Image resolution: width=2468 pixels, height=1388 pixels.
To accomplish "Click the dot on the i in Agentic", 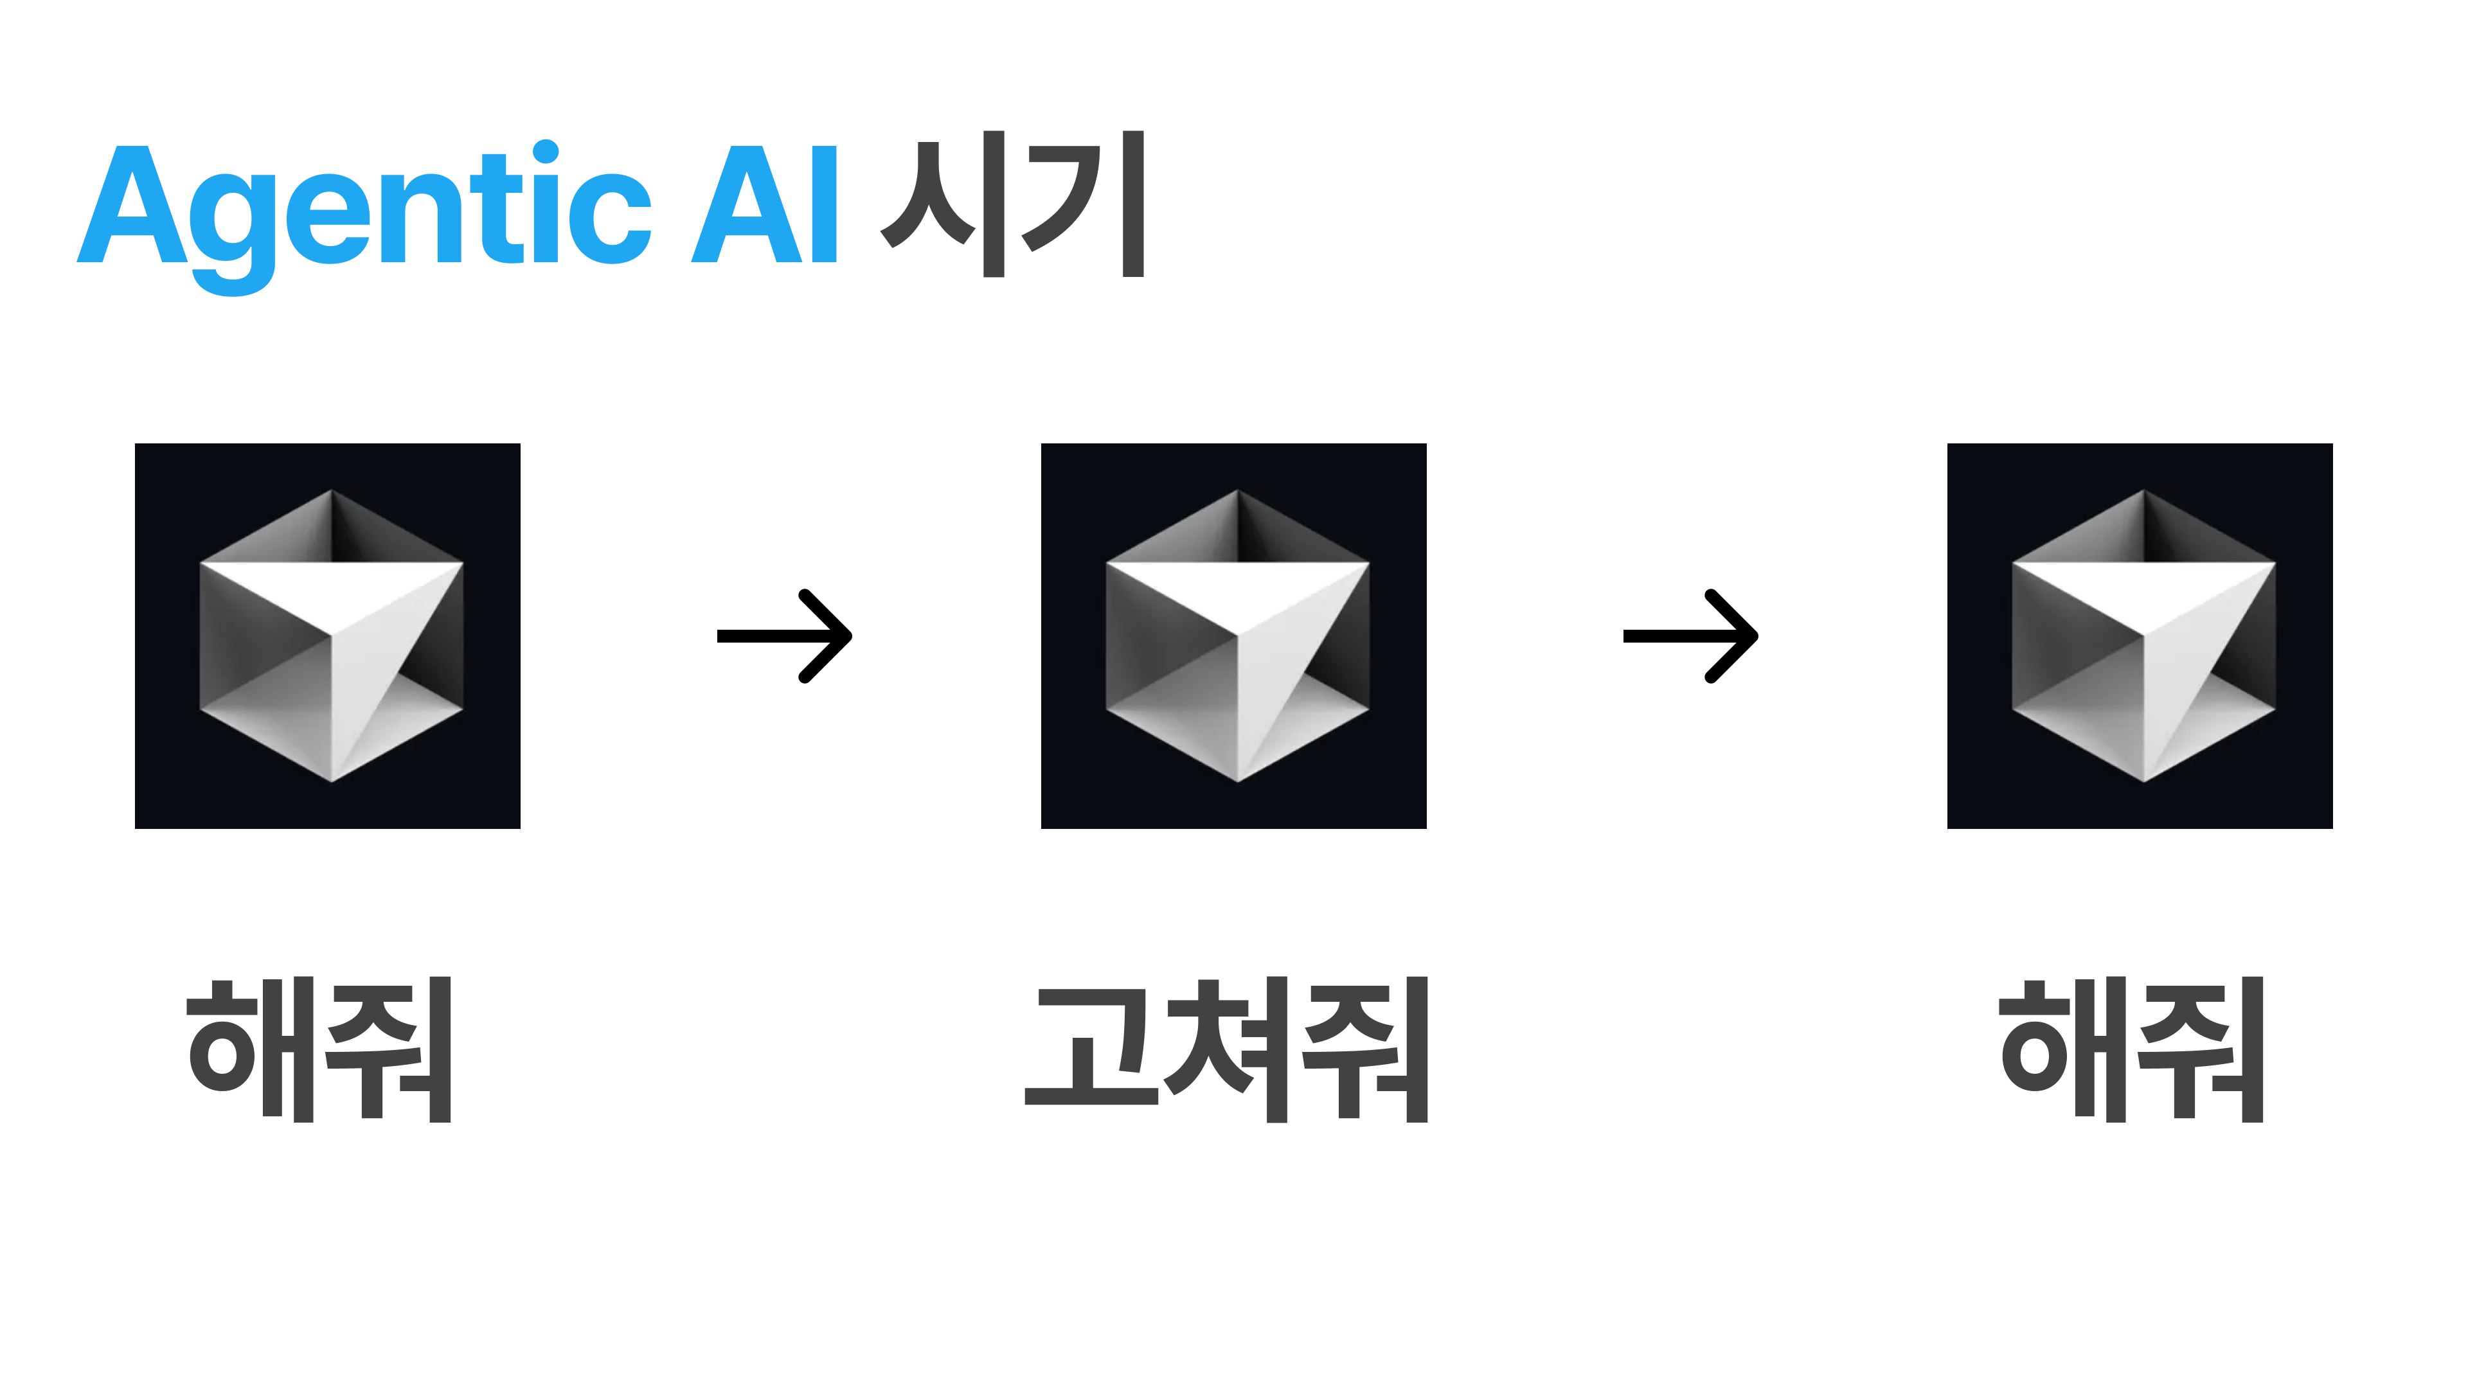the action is tap(545, 152).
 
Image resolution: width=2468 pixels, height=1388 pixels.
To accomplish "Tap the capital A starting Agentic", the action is tap(131, 205).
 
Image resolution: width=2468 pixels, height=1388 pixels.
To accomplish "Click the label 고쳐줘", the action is tap(1226, 1049).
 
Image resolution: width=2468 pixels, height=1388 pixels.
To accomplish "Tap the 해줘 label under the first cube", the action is tap(319, 1049).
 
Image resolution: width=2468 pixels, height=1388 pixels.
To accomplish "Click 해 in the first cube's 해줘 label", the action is tap(251, 1049).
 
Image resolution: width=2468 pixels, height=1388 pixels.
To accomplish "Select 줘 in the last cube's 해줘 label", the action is tap(2201, 1049).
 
